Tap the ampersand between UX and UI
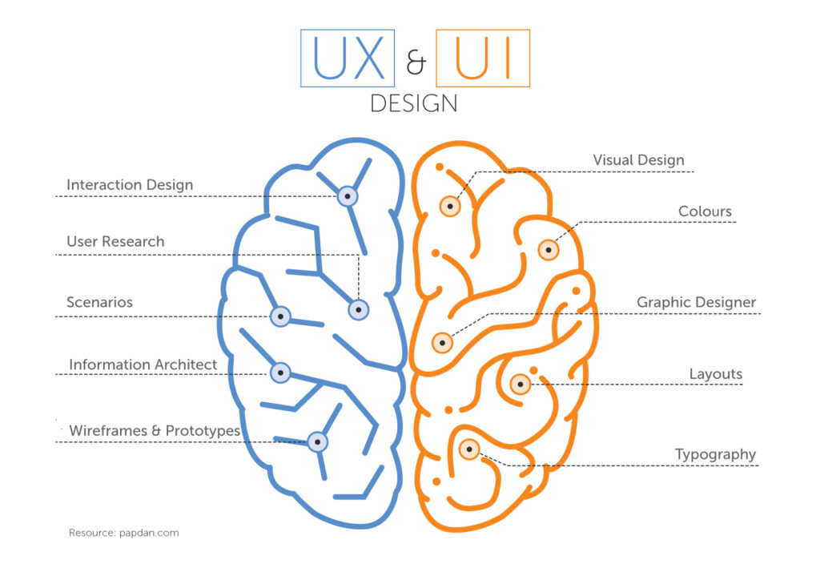pos(416,62)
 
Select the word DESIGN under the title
pos(414,103)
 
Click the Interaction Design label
pos(130,184)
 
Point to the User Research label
pos(115,241)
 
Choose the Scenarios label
pos(99,302)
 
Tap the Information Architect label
pos(143,365)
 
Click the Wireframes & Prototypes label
pos(155,430)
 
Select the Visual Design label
pos(638,159)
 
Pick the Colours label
pos(705,211)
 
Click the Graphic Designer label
pos(696,302)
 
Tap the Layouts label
pos(716,374)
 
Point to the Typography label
pos(715,454)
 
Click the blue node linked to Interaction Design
pos(348,196)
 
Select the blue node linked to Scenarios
pos(280,316)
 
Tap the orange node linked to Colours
pos(548,250)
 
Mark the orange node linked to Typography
pos(469,449)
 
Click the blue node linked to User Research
pos(358,309)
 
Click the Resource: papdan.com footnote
pos(124,533)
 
